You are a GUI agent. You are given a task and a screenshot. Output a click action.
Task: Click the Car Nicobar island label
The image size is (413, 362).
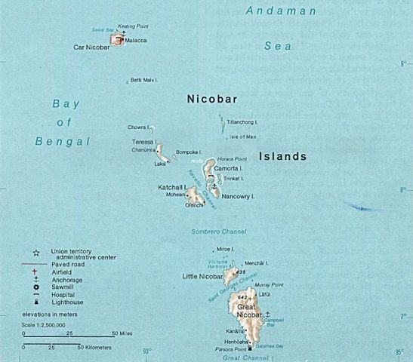91,47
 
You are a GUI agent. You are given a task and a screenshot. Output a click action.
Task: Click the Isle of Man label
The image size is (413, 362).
243,137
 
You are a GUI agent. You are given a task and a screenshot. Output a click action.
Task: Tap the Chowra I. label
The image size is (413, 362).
140,127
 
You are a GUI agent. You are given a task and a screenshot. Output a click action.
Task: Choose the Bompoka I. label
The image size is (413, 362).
190,152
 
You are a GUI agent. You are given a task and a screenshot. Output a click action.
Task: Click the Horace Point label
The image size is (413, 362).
233,159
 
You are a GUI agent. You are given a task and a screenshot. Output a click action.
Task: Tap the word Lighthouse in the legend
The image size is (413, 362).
69,301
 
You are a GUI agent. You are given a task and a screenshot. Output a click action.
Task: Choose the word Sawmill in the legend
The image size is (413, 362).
63,287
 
